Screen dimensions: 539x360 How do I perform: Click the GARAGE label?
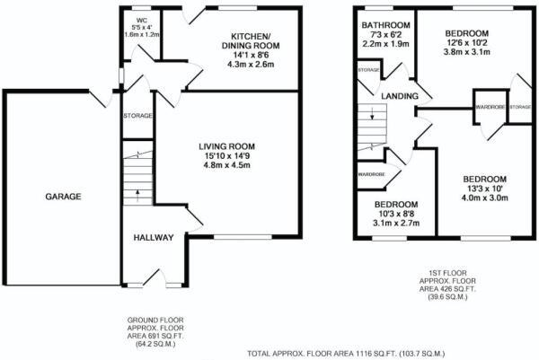click(x=63, y=197)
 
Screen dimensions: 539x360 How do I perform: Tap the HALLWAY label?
click(x=154, y=237)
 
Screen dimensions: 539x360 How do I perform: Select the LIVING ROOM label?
click(x=227, y=146)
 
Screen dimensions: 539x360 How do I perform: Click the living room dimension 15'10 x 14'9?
click(x=227, y=156)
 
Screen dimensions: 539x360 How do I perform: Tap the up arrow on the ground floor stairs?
click(x=137, y=195)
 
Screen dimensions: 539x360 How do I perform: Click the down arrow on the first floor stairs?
click(x=372, y=115)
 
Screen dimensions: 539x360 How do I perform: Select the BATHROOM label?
click(x=385, y=25)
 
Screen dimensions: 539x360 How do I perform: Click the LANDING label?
click(x=400, y=96)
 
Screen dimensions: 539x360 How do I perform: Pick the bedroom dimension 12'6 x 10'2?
click(x=467, y=43)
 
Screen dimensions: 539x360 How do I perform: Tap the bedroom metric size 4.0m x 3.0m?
click(x=485, y=198)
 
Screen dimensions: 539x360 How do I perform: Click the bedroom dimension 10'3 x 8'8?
click(x=396, y=214)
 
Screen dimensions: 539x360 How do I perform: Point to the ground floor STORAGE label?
click(x=137, y=116)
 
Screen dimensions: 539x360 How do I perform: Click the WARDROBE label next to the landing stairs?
click(x=371, y=174)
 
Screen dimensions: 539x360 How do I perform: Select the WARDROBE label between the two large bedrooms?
click(x=490, y=107)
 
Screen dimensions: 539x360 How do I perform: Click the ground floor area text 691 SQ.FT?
click(x=155, y=335)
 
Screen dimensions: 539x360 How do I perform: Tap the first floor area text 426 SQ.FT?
click(x=447, y=289)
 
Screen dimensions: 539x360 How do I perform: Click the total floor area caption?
click(x=346, y=353)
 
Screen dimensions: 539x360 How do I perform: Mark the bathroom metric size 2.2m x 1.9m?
click(x=385, y=44)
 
